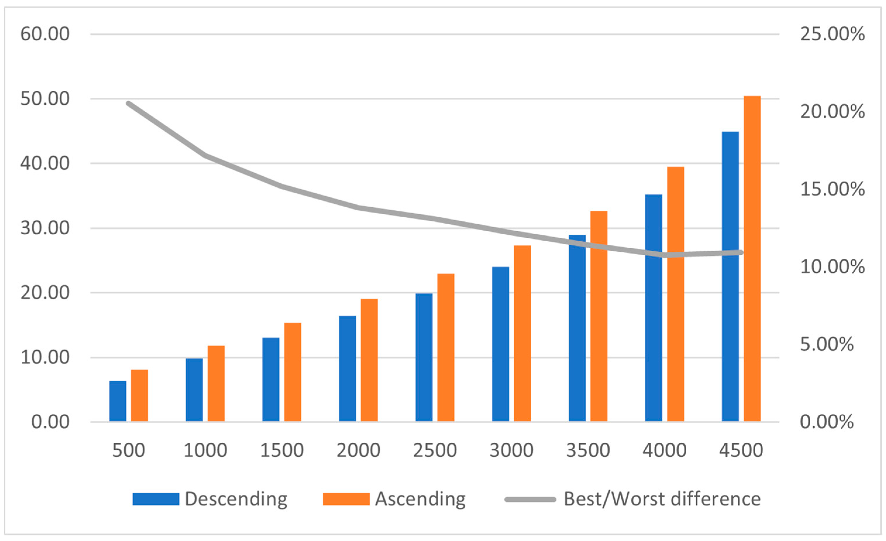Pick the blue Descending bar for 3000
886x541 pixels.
point(501,344)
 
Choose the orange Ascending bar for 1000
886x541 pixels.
point(216,383)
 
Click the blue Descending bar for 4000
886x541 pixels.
point(654,308)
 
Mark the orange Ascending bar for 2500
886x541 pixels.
point(446,347)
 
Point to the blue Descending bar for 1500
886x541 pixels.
point(271,380)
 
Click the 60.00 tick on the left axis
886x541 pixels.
point(45,34)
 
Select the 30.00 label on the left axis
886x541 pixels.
point(45,228)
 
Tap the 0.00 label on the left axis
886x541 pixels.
point(50,422)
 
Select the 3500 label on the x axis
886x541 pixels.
point(588,450)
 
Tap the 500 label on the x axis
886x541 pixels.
point(129,450)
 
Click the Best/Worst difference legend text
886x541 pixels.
point(662,499)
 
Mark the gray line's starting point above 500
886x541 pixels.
point(129,104)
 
